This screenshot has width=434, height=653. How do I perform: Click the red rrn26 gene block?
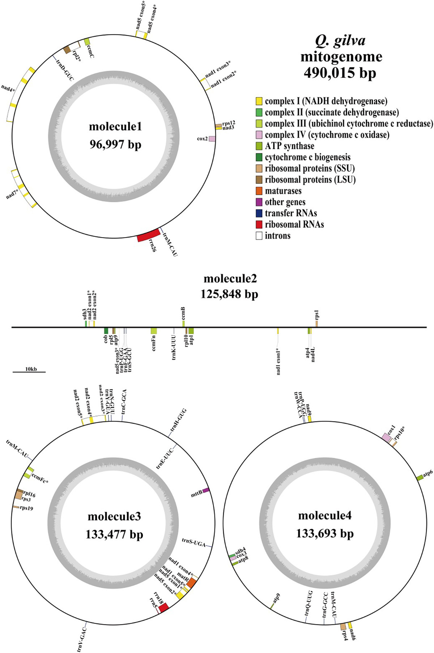149,235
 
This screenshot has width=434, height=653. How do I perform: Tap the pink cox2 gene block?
212,139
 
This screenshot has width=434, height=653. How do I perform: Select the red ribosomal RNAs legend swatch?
259,225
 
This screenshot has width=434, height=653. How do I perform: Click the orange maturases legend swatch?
259,191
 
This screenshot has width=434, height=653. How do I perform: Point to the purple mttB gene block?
206,490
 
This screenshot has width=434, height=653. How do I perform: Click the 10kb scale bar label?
31,369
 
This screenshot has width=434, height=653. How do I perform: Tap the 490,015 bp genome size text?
340,73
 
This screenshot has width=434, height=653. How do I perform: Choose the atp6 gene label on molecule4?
428,473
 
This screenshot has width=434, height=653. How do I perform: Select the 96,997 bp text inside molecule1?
115,145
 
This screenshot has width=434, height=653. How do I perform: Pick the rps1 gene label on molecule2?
317,315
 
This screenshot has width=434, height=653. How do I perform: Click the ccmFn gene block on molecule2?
154,331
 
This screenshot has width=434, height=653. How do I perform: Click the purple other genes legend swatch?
259,202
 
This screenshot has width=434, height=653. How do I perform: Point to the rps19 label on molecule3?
26,508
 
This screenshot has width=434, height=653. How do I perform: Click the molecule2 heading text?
230,279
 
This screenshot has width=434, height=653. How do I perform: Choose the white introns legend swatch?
259,236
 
